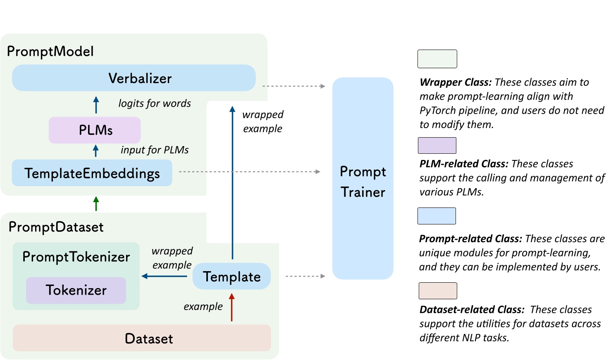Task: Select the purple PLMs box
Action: pyautogui.click(x=95, y=130)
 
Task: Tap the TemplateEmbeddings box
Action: pyautogui.click(x=92, y=173)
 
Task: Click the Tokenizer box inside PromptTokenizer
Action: pyautogui.click(x=76, y=290)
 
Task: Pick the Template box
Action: pyautogui.click(x=231, y=277)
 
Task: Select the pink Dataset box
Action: pyautogui.click(x=142, y=339)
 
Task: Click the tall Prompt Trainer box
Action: pyautogui.click(x=363, y=179)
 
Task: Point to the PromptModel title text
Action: pyautogui.click(x=50, y=52)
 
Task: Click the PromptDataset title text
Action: pyautogui.click(x=56, y=227)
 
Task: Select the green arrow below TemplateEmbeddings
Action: pyautogui.click(x=96, y=204)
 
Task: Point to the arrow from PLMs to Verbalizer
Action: pyautogui.click(x=96, y=105)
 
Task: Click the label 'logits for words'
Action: pyautogui.click(x=155, y=103)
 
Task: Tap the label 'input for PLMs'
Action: pyautogui.click(x=155, y=150)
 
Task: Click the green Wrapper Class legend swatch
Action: pyautogui.click(x=437, y=59)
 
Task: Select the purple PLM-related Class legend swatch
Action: pyautogui.click(x=437, y=145)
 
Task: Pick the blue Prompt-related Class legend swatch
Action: pyautogui.click(x=437, y=216)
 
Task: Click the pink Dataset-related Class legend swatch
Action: pyautogui.click(x=438, y=291)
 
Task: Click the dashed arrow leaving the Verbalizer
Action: pyautogui.click(x=293, y=86)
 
